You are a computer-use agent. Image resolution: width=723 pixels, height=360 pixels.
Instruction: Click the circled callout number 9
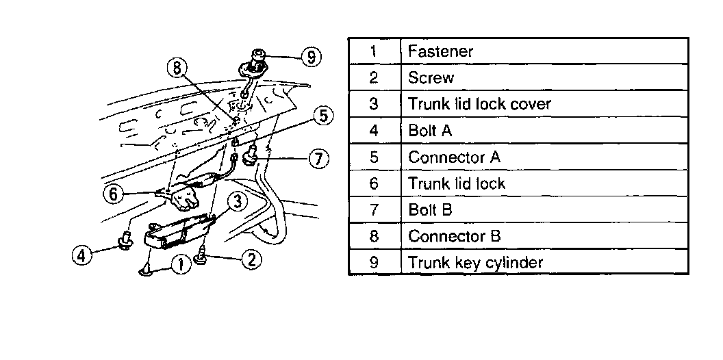pyautogui.click(x=312, y=57)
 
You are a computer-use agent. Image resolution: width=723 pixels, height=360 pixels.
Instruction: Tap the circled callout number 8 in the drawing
pyautogui.click(x=177, y=68)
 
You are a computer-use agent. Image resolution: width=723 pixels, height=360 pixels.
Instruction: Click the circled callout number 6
pyautogui.click(x=114, y=194)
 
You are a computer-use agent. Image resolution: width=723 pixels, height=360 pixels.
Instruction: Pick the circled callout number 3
pyautogui.click(x=236, y=201)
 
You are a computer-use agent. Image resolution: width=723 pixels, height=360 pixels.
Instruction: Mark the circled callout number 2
pyautogui.click(x=251, y=258)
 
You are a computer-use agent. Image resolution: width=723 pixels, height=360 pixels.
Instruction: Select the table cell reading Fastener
pyautogui.click(x=440, y=51)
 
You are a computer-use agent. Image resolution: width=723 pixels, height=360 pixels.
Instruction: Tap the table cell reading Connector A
pyautogui.click(x=454, y=157)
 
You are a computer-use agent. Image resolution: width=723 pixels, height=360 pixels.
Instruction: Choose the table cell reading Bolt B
pyautogui.click(x=430, y=209)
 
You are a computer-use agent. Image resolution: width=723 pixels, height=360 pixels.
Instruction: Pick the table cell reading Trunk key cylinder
pyautogui.click(x=475, y=262)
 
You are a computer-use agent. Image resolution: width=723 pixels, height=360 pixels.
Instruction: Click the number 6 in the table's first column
pyautogui.click(x=373, y=183)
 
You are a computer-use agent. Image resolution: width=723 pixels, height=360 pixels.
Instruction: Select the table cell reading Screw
pyautogui.click(x=431, y=77)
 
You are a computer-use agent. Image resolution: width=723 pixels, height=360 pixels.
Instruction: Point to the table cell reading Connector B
pyautogui.click(x=455, y=236)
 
